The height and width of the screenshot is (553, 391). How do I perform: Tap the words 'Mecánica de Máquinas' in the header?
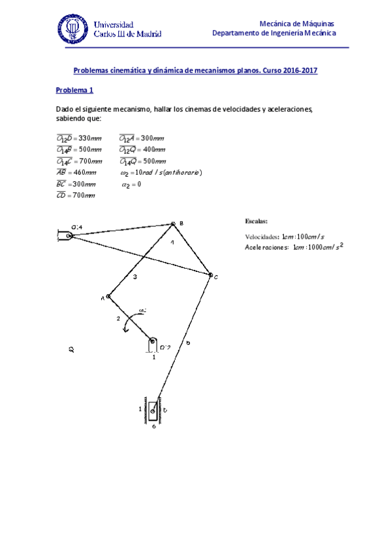click(297, 23)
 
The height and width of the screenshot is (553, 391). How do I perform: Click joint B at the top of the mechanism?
click(173, 224)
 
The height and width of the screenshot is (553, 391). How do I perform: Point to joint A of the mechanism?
click(108, 297)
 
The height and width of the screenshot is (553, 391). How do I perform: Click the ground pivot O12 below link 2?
click(152, 341)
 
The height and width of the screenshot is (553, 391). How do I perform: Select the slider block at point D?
click(153, 411)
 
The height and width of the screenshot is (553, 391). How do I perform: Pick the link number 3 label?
click(135, 278)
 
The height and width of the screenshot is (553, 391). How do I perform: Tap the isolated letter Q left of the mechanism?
click(71, 350)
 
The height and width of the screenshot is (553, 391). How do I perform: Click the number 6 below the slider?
click(153, 426)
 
